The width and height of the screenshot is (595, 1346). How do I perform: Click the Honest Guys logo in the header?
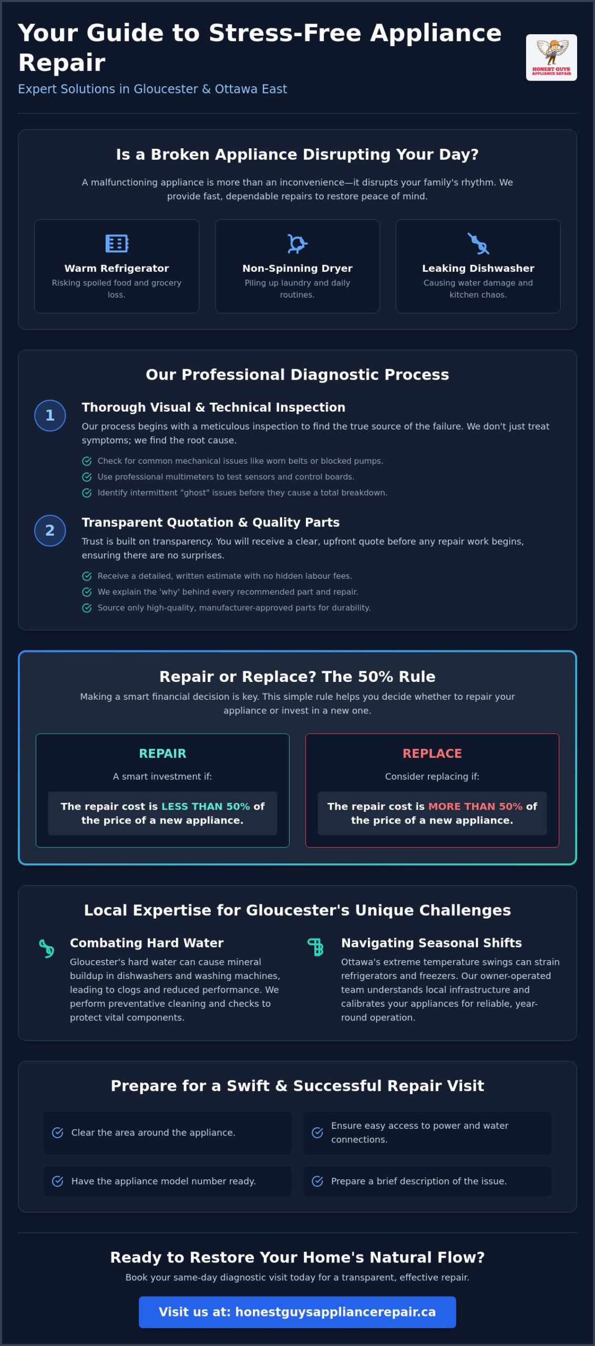[551, 57]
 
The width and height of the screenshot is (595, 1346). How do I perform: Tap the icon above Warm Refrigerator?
[117, 243]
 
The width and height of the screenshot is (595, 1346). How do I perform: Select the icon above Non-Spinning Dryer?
[297, 243]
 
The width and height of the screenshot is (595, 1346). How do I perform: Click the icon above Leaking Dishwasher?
[478, 243]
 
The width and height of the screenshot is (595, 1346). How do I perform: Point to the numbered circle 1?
[50, 415]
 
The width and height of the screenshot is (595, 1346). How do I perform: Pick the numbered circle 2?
[50, 531]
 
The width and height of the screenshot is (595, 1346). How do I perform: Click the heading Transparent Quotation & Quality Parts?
[211, 522]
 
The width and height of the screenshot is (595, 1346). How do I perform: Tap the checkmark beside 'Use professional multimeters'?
[87, 477]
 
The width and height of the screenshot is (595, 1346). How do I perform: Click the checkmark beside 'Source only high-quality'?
[87, 608]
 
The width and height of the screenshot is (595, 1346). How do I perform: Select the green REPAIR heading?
[162, 753]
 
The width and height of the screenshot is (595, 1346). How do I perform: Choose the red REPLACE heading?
[432, 753]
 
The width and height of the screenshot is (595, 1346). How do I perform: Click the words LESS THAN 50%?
[206, 806]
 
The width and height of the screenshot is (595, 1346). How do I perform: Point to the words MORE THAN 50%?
[475, 806]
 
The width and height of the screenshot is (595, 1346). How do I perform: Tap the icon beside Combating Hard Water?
[47, 949]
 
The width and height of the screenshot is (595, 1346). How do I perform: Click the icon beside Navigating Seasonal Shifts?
[315, 947]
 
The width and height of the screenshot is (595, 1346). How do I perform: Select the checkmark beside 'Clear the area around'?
[58, 1133]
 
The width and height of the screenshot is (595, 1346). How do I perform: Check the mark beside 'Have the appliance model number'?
[58, 1181]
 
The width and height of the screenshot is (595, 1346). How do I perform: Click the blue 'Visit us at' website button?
[297, 1312]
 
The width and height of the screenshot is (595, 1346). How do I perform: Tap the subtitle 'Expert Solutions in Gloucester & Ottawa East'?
[152, 89]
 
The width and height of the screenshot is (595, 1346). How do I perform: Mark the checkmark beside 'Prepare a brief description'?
[317, 1181]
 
